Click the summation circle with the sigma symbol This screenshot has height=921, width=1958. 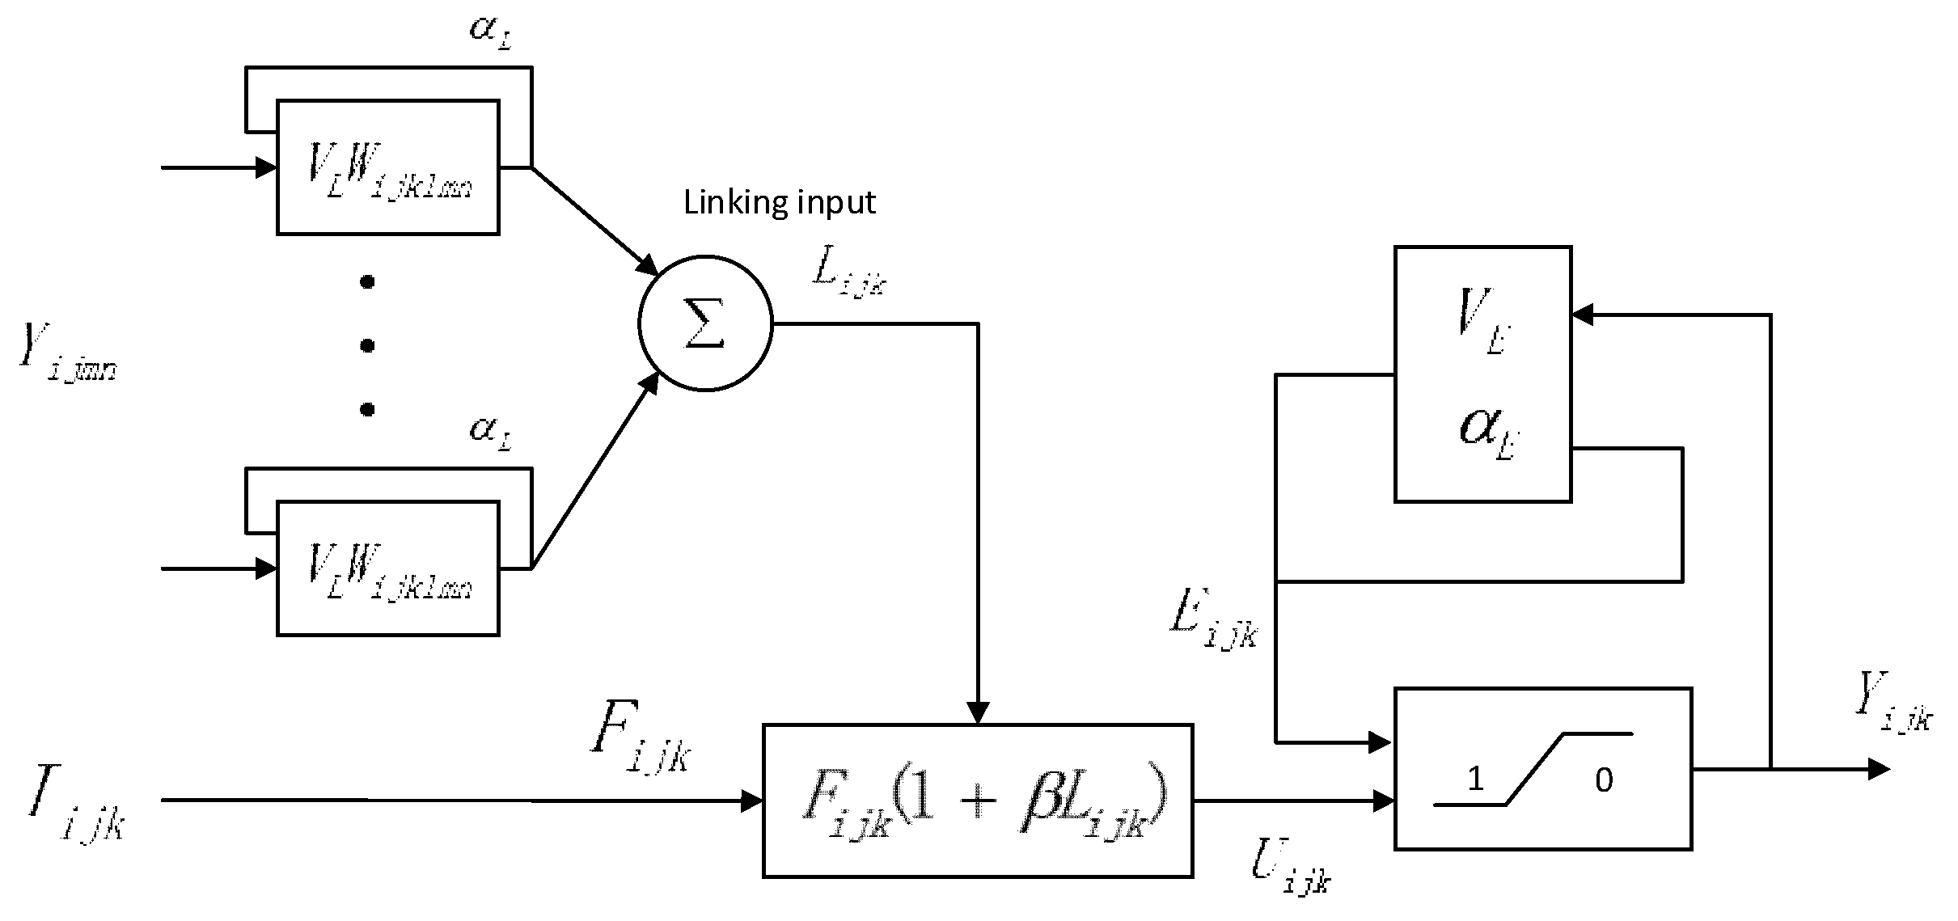point(705,324)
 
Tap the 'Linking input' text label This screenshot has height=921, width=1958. point(779,202)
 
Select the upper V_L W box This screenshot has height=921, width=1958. point(387,168)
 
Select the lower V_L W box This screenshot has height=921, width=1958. point(387,568)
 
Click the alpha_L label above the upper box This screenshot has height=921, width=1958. point(490,30)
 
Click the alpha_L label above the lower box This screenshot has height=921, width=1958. point(490,429)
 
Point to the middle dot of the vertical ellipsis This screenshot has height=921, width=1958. point(367,346)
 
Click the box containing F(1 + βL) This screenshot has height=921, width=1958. point(977,800)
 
